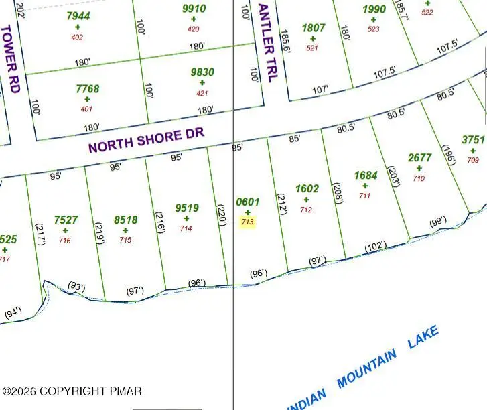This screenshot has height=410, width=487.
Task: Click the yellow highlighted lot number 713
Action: (247, 222)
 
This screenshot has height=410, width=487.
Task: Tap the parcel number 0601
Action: (247, 202)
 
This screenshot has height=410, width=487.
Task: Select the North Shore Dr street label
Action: (146, 141)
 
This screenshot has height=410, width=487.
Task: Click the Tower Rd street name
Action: (11, 59)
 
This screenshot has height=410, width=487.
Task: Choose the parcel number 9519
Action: (186, 208)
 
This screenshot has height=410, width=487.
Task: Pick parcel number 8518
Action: (126, 220)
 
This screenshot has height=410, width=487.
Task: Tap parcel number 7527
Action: (66, 220)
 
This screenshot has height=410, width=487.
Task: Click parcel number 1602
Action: (307, 189)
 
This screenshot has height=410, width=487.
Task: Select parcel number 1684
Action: (366, 176)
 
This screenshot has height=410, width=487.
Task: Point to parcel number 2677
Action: (419, 158)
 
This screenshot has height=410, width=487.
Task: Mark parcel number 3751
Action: (473, 140)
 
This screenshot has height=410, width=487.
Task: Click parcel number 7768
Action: (87, 88)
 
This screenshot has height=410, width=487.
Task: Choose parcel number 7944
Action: (78, 15)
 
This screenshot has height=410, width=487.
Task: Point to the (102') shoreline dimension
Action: (374, 247)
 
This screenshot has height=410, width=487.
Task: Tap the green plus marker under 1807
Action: (313, 38)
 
